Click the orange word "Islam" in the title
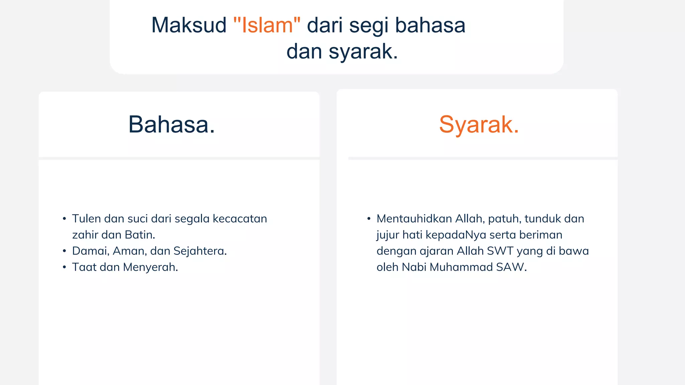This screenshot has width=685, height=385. point(267,25)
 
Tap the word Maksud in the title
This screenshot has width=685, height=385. point(189,25)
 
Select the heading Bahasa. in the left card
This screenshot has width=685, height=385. point(172,125)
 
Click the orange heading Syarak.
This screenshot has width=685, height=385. point(479,125)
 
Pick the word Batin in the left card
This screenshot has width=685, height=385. point(139,235)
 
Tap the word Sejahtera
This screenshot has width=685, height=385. point(200,251)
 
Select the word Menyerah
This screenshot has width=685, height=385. point(150,267)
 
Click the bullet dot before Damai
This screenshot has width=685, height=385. point(64,251)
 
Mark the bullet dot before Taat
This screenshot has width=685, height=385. point(64,267)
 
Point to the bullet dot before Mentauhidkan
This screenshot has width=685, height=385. point(369,219)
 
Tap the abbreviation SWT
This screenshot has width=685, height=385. point(500,251)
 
